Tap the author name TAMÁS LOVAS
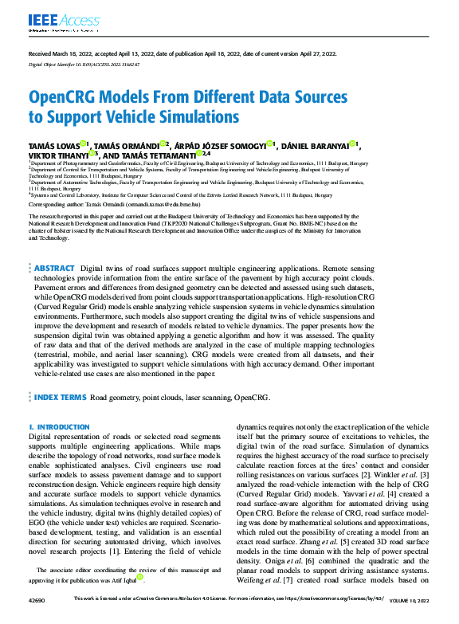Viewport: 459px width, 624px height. tap(53, 145)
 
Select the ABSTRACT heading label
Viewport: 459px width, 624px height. tap(55, 269)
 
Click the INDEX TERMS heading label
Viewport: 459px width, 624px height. tap(61, 396)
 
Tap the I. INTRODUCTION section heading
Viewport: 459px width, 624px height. tap(59, 427)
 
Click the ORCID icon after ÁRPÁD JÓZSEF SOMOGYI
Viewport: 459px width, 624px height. tap(270, 144)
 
